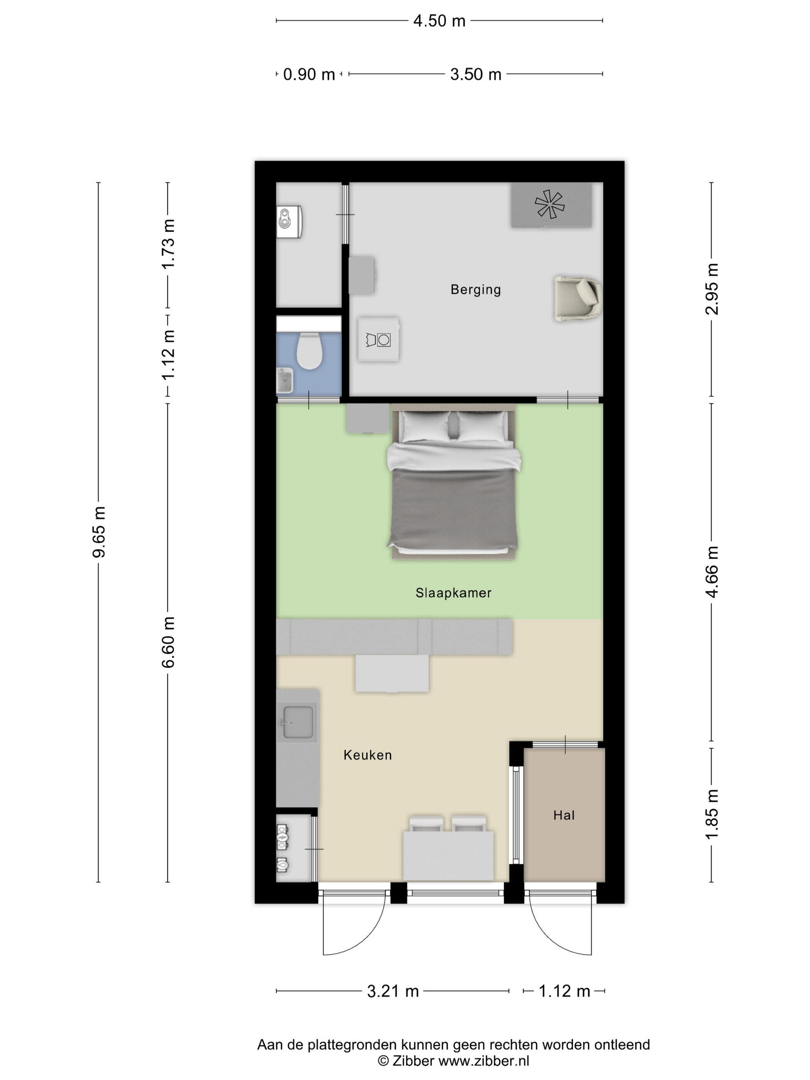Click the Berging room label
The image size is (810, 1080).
(x=476, y=290)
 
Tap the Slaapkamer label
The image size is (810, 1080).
(x=453, y=593)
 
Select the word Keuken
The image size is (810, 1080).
(x=368, y=755)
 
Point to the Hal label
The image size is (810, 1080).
(x=564, y=815)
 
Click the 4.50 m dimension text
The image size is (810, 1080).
(x=439, y=21)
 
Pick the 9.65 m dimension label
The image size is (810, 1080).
(x=99, y=532)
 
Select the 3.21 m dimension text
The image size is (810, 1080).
(x=393, y=991)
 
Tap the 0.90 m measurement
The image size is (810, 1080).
(x=309, y=74)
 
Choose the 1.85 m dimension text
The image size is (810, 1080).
(x=712, y=814)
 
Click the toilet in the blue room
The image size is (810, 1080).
(x=309, y=350)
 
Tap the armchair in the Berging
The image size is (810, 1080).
(x=577, y=298)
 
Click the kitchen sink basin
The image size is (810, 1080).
(x=297, y=722)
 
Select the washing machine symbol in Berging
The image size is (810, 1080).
(x=378, y=340)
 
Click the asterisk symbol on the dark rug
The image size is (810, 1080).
(x=550, y=204)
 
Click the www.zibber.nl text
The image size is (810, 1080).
(x=483, y=1060)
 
